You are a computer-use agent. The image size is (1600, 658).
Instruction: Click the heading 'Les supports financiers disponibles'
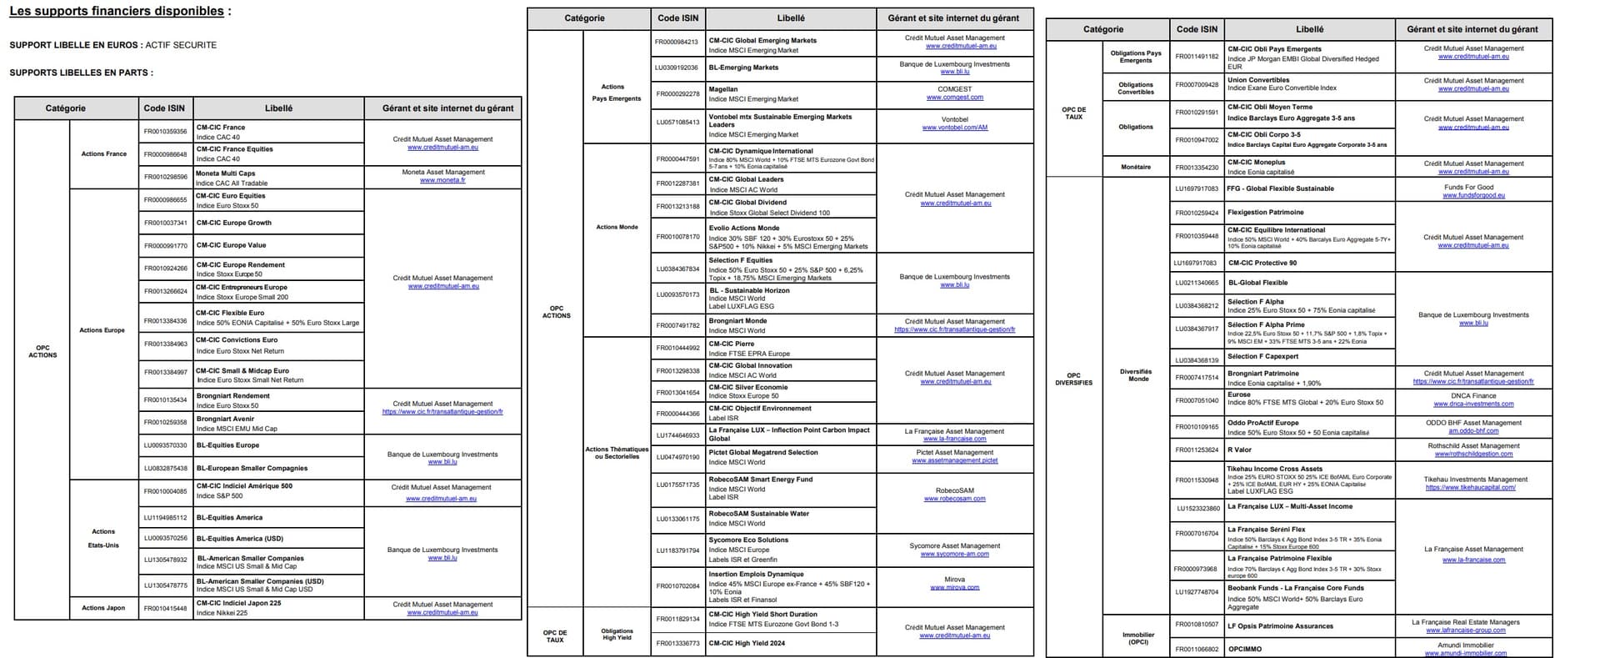point(117,12)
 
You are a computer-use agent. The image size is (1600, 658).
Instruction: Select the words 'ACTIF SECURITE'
point(181,45)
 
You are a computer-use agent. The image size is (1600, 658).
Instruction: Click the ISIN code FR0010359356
point(165,132)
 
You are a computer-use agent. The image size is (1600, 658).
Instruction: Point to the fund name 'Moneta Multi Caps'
point(225,173)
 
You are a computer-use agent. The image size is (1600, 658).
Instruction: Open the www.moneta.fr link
point(442,180)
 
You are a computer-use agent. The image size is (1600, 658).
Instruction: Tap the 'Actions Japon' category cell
point(103,608)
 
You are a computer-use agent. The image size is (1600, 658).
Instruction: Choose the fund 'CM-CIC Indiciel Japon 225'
point(238,603)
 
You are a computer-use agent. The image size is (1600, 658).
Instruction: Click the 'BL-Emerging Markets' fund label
point(743,68)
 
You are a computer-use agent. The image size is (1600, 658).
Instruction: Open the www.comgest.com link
point(954,98)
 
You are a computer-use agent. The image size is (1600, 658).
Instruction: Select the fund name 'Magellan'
point(722,89)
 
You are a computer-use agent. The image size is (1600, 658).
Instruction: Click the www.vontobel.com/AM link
point(954,128)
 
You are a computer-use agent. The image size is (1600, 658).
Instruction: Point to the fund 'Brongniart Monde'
point(737,320)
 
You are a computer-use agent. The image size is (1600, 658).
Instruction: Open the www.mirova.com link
point(954,587)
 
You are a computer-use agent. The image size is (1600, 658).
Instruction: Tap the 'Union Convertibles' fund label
point(1257,80)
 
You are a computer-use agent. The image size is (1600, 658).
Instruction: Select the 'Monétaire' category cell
point(1135,167)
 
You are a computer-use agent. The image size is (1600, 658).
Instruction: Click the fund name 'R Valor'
point(1239,450)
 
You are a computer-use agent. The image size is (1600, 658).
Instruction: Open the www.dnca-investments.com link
point(1473,404)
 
